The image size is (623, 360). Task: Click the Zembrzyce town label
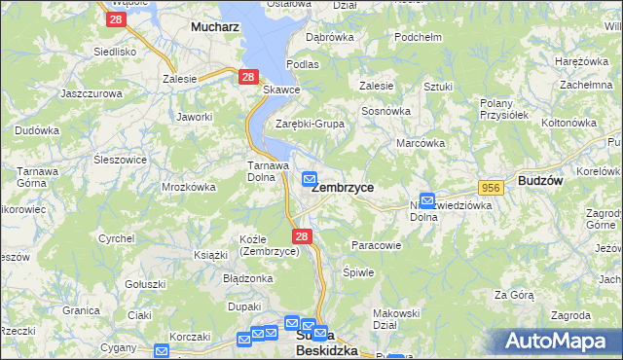point(343,187)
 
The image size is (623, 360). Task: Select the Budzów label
point(540,182)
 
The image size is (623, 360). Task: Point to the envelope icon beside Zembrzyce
point(309,178)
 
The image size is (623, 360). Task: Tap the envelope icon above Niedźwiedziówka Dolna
point(426,200)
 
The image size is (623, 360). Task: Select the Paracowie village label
point(376,245)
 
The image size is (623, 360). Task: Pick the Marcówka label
point(421,143)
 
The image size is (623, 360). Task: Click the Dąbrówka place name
point(329,37)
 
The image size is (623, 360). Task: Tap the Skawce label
point(281,90)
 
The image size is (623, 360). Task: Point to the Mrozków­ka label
point(188,186)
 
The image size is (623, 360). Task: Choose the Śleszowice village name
point(121,159)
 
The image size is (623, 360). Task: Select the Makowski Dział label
point(396,319)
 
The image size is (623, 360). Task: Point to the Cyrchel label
point(117,238)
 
